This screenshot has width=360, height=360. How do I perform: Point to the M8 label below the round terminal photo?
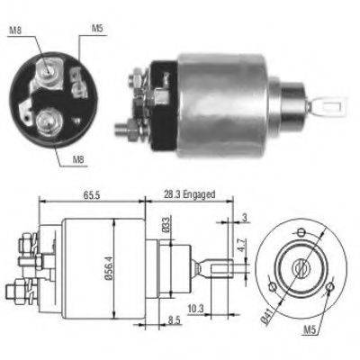[x=82, y=161]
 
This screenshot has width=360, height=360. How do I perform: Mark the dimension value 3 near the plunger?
[x=246, y=217]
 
